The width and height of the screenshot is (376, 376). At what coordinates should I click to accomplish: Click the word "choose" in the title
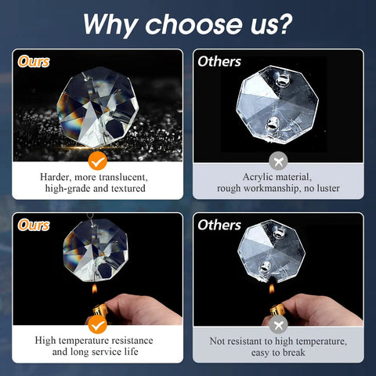tap(193, 24)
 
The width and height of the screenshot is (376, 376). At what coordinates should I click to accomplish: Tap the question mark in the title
tap(284, 23)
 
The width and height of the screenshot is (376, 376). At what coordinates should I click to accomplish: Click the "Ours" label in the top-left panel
tap(34, 62)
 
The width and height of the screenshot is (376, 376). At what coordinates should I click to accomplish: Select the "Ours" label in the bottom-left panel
tap(34, 225)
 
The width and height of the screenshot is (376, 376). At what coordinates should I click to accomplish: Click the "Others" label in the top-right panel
tap(219, 62)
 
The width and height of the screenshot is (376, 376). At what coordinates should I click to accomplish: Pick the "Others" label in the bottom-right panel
tap(219, 225)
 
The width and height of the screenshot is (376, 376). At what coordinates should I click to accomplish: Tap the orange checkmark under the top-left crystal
tap(97, 161)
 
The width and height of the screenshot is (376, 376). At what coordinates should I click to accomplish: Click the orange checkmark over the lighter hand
tap(97, 324)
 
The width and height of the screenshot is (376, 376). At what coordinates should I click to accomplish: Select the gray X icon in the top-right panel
tap(278, 161)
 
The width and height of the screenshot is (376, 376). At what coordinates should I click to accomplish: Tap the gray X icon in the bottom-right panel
tap(278, 324)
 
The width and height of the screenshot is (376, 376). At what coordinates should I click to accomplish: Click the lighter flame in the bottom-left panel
tap(95, 289)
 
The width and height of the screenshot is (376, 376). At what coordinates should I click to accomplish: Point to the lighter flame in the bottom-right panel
tap(272, 288)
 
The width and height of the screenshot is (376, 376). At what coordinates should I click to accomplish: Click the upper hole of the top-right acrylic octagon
tap(282, 80)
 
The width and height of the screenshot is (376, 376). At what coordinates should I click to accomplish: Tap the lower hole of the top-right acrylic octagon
tap(273, 125)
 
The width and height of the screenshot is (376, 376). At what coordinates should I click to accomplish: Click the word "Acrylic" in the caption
tap(258, 177)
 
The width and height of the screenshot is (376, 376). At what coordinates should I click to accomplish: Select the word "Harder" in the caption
tap(56, 177)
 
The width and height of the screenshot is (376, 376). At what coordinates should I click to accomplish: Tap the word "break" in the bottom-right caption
tap(294, 352)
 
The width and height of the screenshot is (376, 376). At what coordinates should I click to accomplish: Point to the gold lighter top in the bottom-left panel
tap(99, 311)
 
